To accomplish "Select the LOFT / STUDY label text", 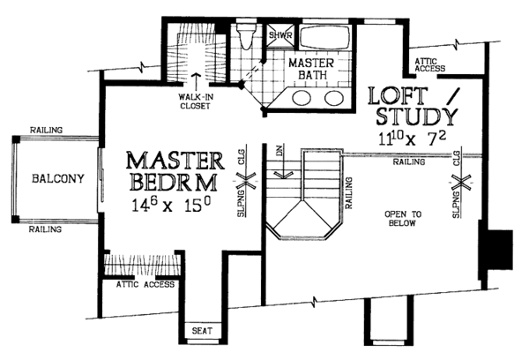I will point(412,105).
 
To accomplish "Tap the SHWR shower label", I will point(279,34).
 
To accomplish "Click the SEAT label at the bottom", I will point(202,333).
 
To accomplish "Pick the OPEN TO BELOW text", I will point(404,217).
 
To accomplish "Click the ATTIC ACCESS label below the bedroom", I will point(145,285).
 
